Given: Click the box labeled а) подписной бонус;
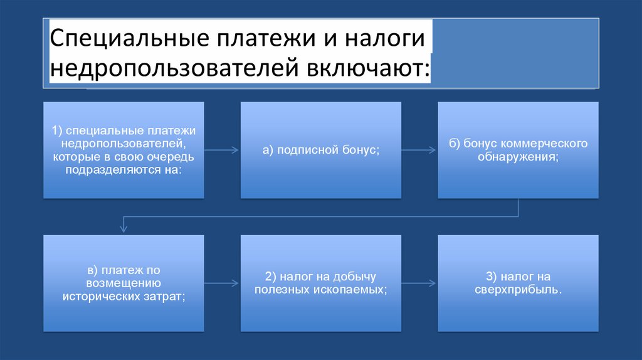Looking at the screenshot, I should pos(321,151).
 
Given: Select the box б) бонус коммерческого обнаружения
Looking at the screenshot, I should pos(518,151).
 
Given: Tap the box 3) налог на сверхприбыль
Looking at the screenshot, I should pos(518,283).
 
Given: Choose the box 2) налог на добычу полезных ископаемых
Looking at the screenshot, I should pos(321,283).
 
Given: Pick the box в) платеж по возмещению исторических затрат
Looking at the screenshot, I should pos(124,283).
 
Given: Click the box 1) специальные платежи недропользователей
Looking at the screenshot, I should pos(124,151).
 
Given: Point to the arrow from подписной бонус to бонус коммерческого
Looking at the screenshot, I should pos(419,151).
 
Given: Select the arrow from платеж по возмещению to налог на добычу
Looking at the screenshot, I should pos(222,283).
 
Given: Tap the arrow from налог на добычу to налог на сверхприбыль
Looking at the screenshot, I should pos(419,283).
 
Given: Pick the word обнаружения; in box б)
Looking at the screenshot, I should pos(518,157).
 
